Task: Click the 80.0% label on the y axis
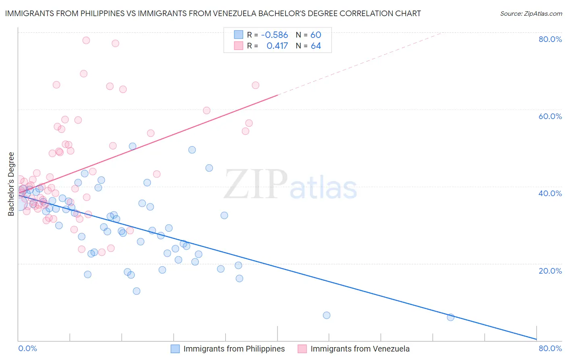(x=550, y=39)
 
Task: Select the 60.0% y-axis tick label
(x=550, y=116)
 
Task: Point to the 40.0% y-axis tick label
(x=550, y=193)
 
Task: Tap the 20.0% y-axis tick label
(x=550, y=270)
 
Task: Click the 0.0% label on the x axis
(x=27, y=348)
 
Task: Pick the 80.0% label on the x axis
(x=550, y=348)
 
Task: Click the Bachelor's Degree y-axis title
(x=11, y=184)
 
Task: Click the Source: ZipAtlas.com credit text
(x=531, y=13)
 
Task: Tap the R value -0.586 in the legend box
(x=274, y=35)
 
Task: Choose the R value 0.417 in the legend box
(x=277, y=46)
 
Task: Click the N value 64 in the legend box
(x=316, y=46)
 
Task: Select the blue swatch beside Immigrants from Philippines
(x=175, y=349)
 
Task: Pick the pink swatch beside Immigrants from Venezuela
(x=302, y=349)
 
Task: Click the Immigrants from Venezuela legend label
(x=360, y=349)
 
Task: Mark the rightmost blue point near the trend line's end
(x=450, y=317)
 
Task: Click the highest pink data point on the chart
(x=86, y=40)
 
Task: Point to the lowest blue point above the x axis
(x=450, y=317)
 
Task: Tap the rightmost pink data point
(x=255, y=85)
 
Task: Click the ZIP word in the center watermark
(x=256, y=184)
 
